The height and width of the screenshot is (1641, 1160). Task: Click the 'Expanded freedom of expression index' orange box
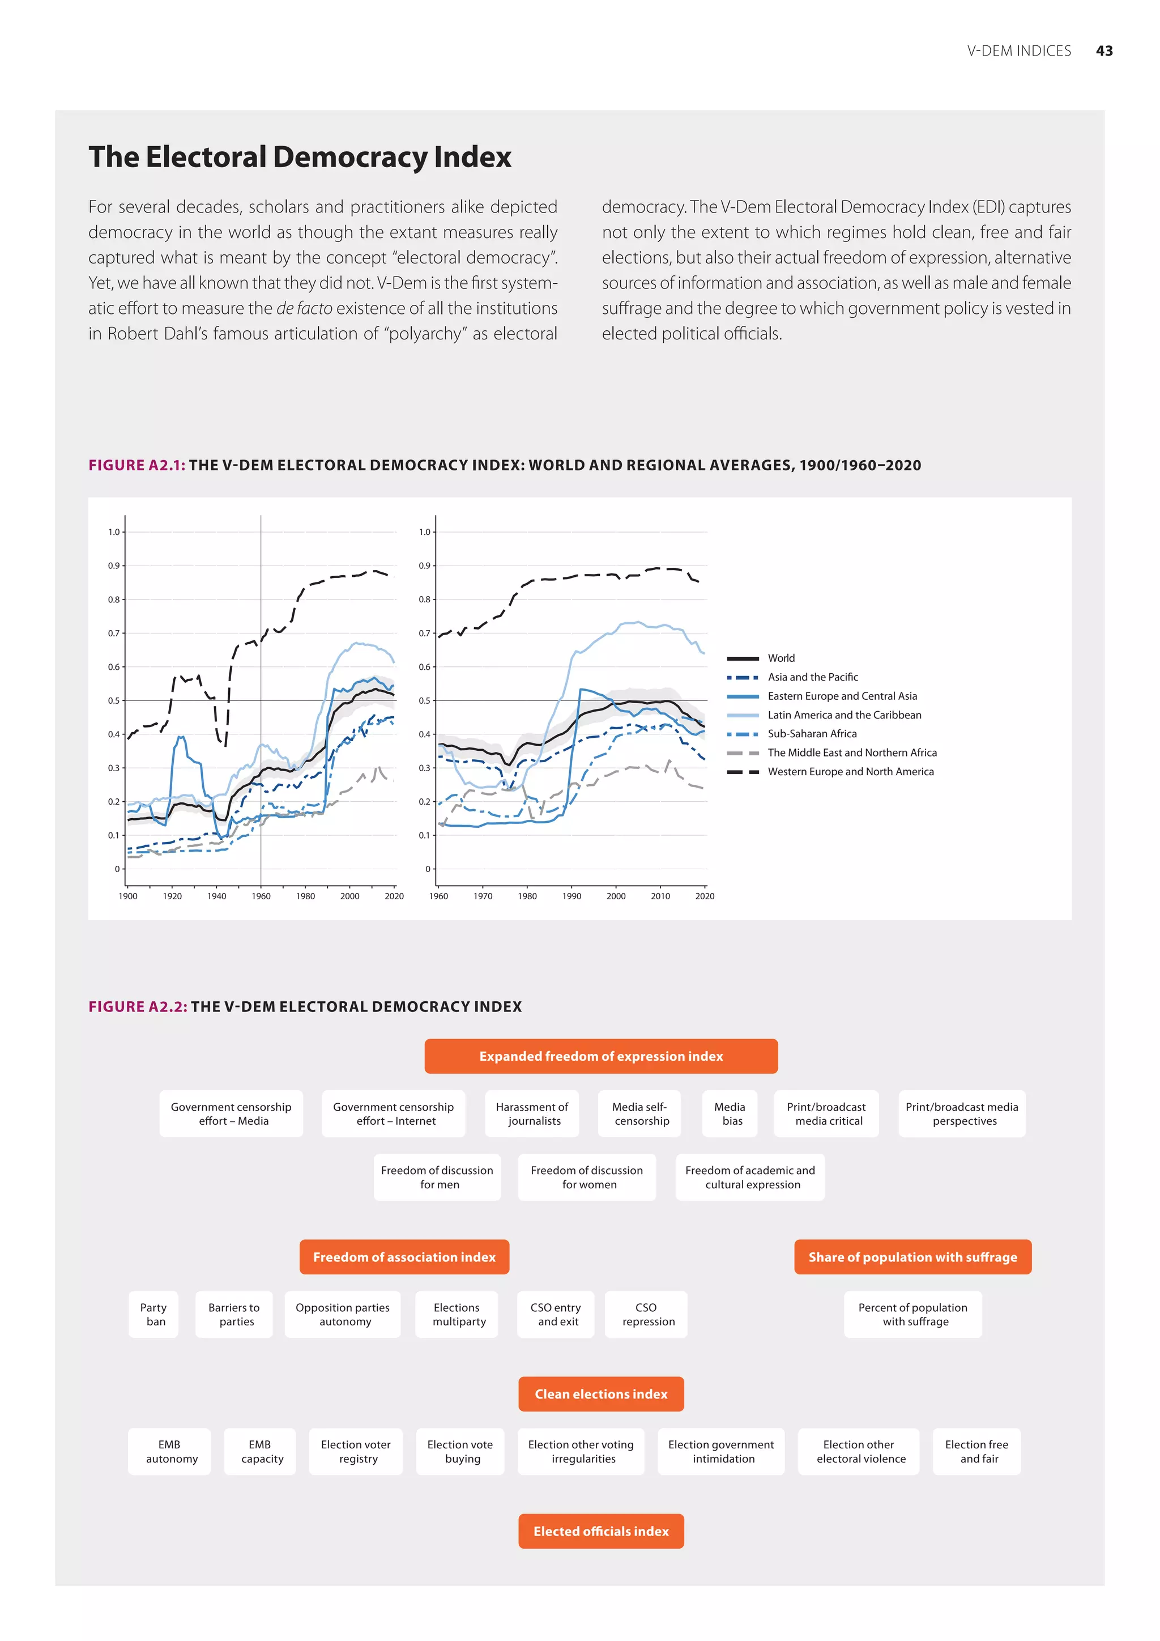coord(601,1056)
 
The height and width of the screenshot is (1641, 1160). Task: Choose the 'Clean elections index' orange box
coord(601,1394)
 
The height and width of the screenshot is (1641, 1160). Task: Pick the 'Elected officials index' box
coord(601,1531)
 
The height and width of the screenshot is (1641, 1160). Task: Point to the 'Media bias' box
coord(730,1113)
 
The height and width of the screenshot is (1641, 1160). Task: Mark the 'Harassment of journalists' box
coord(532,1113)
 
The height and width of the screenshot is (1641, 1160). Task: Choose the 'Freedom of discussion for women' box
coord(587,1176)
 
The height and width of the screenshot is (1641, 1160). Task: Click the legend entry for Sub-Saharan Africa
coord(812,733)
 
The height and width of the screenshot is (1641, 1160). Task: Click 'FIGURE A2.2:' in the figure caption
coord(138,1006)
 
